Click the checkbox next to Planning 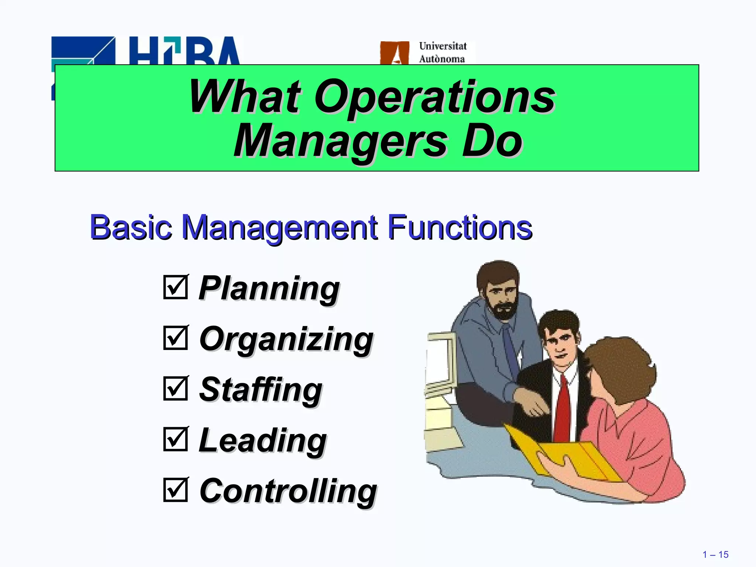click(x=176, y=287)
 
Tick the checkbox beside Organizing click(x=176, y=338)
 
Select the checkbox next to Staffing click(x=176, y=388)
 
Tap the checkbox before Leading click(x=176, y=439)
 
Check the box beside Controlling click(x=176, y=490)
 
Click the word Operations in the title click(x=434, y=97)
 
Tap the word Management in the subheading click(x=280, y=228)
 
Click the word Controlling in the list click(x=288, y=491)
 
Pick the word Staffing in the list click(x=261, y=390)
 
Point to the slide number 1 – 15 click(x=715, y=555)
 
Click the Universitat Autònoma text click(x=442, y=52)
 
